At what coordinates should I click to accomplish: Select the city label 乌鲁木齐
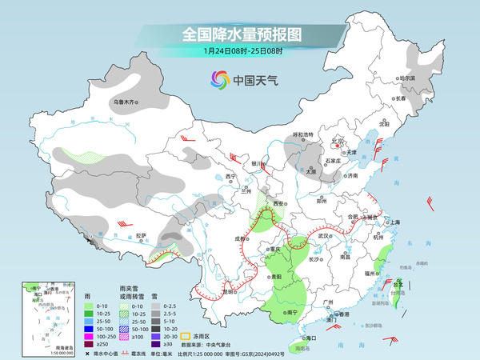pos(126,102)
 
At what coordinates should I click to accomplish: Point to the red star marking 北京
pos(338,146)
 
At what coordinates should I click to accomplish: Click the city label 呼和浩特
pos(306,135)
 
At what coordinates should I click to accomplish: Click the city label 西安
pos(278,205)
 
